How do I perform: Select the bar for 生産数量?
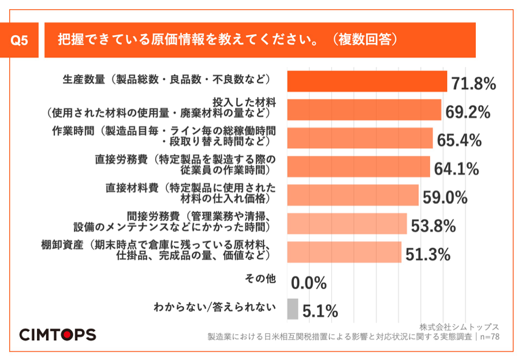(x=367, y=81)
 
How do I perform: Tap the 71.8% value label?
(x=473, y=84)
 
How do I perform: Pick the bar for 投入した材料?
(x=364, y=110)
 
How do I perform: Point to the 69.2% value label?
(x=468, y=112)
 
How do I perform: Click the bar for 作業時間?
(x=360, y=138)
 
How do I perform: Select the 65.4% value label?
(x=459, y=141)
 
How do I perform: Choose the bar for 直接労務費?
(x=358, y=167)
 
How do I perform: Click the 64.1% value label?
(x=456, y=169)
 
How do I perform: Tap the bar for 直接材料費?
(x=352, y=195)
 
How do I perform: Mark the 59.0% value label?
(x=445, y=198)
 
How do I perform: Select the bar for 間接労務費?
(x=346, y=223)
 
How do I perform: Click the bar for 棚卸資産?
(x=344, y=252)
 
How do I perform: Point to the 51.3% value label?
(x=428, y=254)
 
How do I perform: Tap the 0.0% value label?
(x=309, y=283)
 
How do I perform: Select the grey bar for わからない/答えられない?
(x=292, y=309)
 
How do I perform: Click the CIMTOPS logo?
(x=58, y=335)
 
